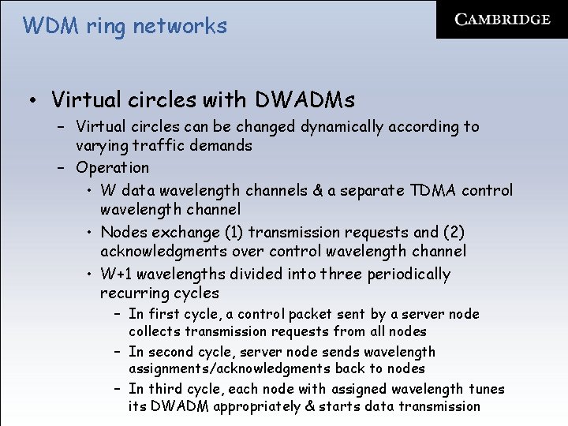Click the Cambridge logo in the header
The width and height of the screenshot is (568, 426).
503,21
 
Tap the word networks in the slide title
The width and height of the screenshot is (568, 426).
180,26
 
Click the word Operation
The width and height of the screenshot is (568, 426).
112,168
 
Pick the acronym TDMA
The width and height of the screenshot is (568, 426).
432,191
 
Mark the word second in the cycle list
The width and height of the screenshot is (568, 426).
171,352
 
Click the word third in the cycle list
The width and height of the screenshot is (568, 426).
163,389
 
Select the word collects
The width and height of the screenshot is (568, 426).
156,332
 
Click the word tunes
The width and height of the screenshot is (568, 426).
487,389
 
